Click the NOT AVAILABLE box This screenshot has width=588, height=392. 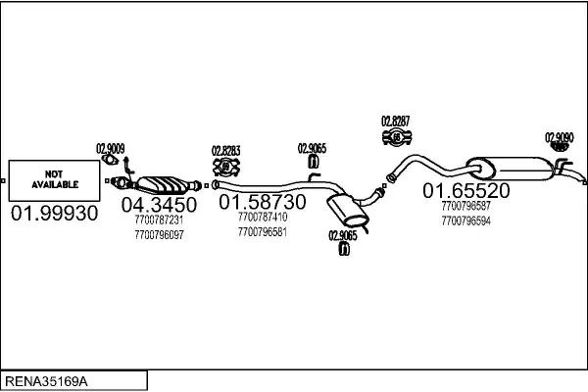coord(54,180)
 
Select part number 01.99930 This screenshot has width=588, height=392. coord(54,213)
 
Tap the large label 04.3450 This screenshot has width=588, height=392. coord(159,205)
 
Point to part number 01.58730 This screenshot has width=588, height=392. coord(263,202)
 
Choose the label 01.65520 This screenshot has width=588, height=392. coord(466,190)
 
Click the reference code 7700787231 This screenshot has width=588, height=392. coord(159,220)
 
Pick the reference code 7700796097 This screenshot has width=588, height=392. coord(159,235)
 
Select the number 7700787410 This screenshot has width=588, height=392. coord(263,217)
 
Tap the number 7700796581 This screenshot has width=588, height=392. coord(263,232)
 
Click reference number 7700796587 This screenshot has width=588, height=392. coord(466,206)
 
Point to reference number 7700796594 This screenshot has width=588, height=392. coord(466,220)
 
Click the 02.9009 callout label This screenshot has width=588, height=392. coord(111,149)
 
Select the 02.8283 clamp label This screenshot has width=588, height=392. coord(225,151)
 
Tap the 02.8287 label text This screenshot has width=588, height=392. coord(396,122)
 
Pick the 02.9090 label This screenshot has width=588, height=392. coord(560,137)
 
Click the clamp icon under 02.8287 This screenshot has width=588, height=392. coord(397,137)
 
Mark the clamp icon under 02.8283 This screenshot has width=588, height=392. coord(226,167)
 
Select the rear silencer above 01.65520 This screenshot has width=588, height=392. coord(510,169)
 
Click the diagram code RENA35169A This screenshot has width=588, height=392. coord(46,381)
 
